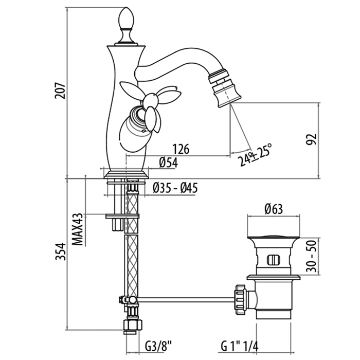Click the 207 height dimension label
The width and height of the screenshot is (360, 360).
60,91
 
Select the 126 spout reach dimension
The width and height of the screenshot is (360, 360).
181,149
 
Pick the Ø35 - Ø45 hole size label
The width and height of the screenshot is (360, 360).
175,188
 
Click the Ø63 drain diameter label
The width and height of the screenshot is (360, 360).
273,209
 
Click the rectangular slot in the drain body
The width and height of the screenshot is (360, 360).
273,259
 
